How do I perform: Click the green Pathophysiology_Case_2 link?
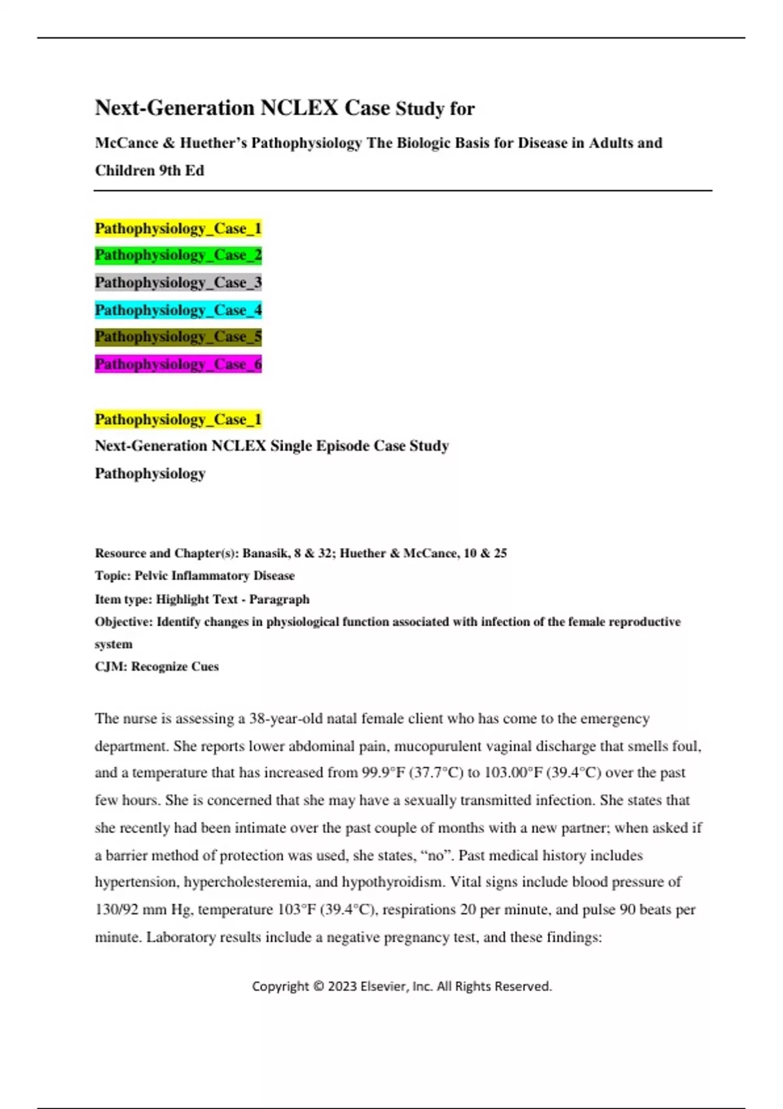[x=178, y=255]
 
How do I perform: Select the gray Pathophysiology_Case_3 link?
[x=178, y=282]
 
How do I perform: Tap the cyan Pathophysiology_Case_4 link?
[x=178, y=310]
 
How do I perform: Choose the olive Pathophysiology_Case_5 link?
[x=178, y=337]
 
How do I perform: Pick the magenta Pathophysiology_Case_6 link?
[x=178, y=364]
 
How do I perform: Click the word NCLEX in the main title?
[x=299, y=108]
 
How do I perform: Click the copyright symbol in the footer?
[x=318, y=986]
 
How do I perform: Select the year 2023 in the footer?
[x=343, y=986]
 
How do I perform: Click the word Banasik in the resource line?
[x=265, y=553]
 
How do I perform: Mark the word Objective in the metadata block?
[x=123, y=622]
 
